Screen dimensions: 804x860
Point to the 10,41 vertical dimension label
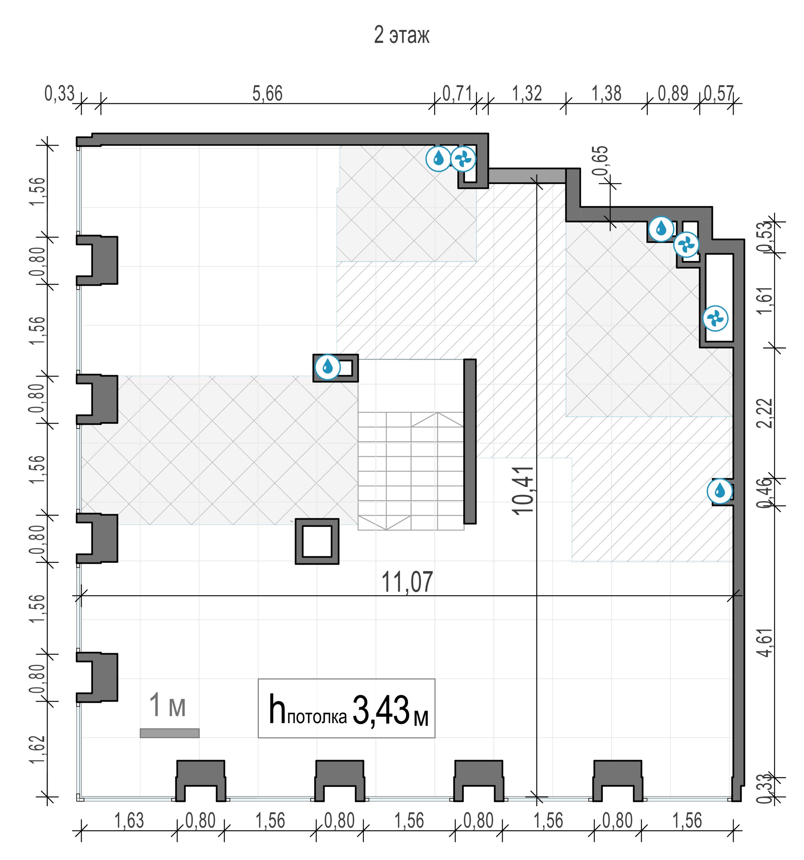[x=523, y=490]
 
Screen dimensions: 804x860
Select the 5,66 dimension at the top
[x=267, y=94]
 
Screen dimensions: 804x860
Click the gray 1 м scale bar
[x=169, y=733]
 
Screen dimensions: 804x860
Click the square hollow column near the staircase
[x=317, y=541]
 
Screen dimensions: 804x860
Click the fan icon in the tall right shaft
[x=715, y=319]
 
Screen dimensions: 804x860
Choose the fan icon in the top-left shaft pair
[x=463, y=159]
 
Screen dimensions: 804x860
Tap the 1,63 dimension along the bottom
[x=129, y=821]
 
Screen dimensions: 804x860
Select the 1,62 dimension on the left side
[x=37, y=749]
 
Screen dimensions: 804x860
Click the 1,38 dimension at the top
[x=606, y=94]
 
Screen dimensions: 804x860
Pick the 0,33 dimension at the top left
[x=59, y=94]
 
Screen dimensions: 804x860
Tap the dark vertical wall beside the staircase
[x=470, y=441]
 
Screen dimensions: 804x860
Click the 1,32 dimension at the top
[x=527, y=94]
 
